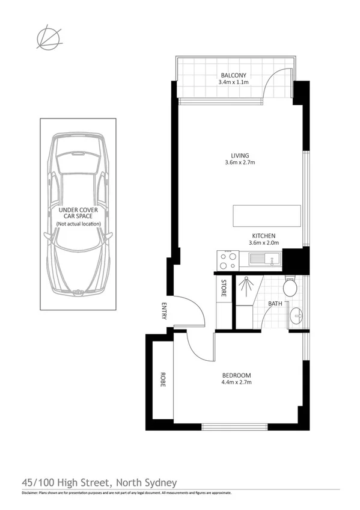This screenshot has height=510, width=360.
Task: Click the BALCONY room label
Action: click(234, 75)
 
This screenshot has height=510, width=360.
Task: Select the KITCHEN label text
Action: click(264, 235)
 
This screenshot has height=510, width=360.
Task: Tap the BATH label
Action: click(275, 304)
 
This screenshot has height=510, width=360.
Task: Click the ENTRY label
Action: click(163, 310)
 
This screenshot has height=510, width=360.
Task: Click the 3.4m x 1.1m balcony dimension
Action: click(234, 83)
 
